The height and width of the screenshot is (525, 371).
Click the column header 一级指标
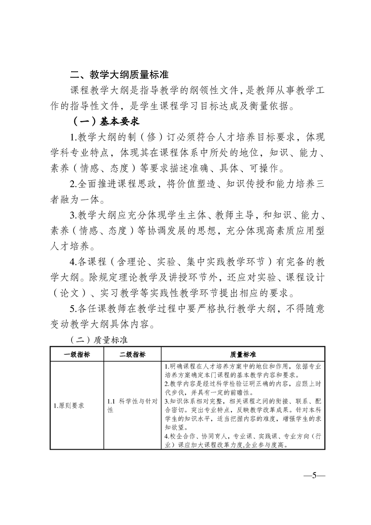(x=77, y=354)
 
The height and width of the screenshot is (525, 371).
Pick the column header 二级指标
(x=132, y=354)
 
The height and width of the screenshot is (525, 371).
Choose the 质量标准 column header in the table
(x=243, y=354)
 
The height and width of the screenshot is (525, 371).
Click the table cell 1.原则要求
(x=68, y=405)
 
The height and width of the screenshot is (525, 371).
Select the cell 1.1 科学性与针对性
(x=132, y=405)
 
